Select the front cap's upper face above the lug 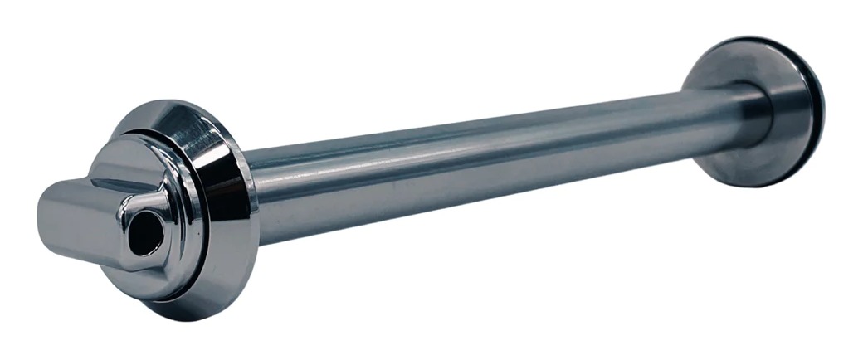(137, 153)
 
